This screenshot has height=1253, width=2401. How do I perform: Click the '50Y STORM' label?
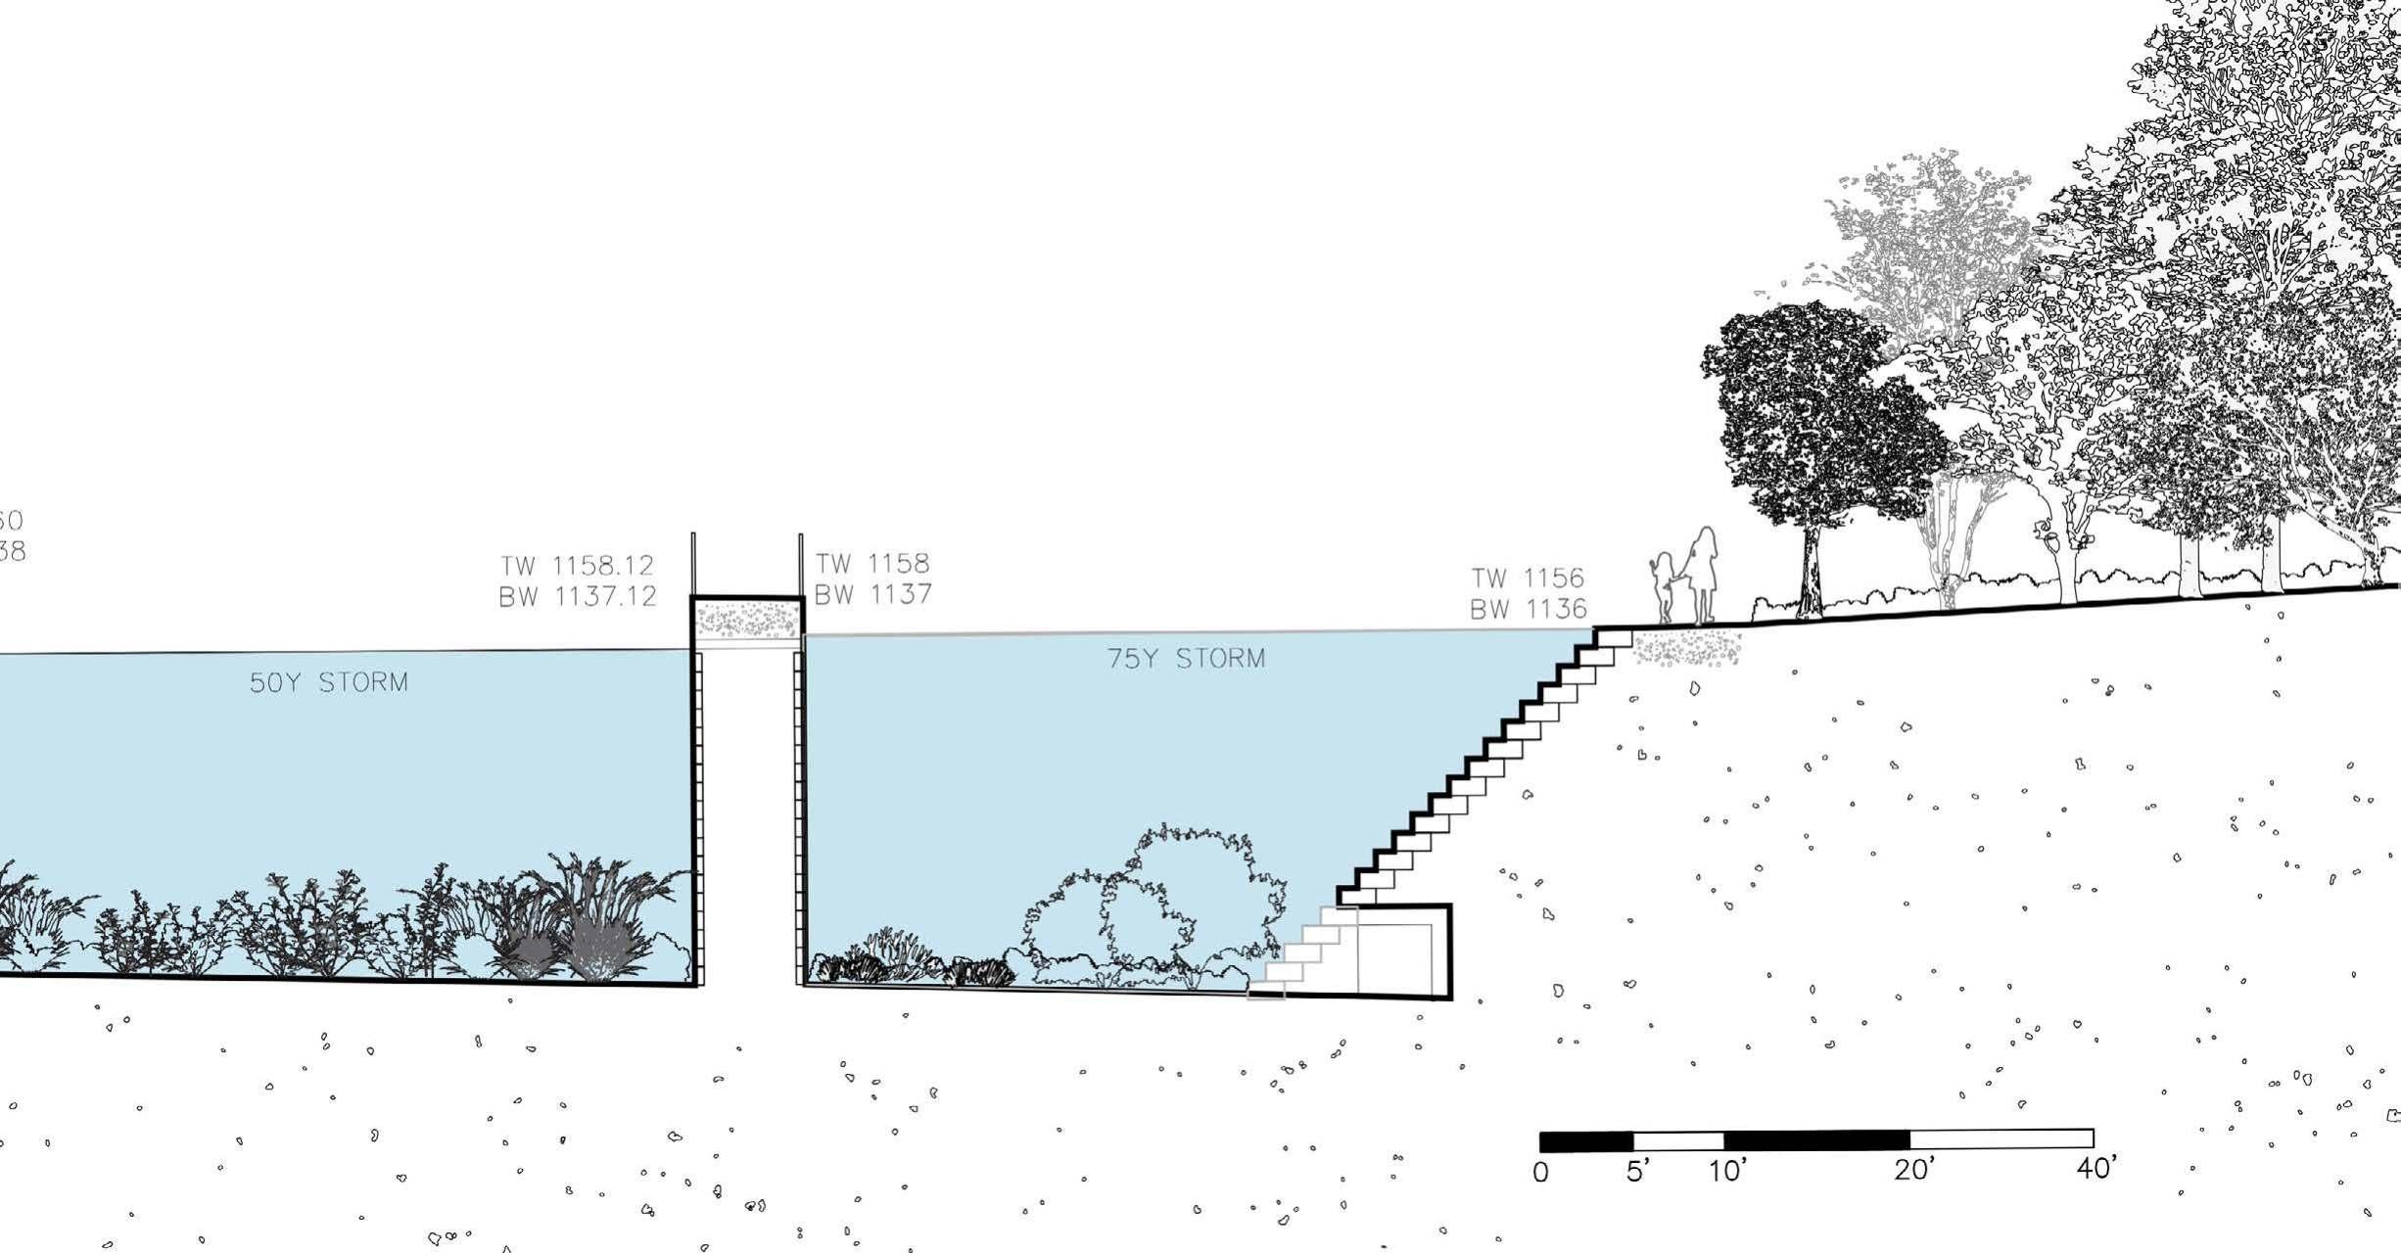[x=328, y=682]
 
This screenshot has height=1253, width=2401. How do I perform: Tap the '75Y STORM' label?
[x=1186, y=658]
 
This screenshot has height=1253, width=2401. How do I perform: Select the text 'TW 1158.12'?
[x=577, y=566]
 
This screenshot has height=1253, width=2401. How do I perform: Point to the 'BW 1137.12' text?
[x=577, y=596]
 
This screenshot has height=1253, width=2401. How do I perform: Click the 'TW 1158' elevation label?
[x=872, y=563]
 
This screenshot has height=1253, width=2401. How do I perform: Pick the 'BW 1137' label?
[x=872, y=593]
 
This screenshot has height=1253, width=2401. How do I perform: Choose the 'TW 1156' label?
[x=1528, y=578]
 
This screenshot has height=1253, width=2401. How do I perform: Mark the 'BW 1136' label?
[x=1528, y=609]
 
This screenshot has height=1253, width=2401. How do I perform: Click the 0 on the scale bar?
[x=1540, y=1172]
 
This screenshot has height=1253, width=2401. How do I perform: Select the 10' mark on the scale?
[x=1727, y=1170]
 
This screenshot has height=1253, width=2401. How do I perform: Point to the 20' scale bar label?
[x=1913, y=1169]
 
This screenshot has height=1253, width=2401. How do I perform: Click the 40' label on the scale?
[x=2096, y=1168]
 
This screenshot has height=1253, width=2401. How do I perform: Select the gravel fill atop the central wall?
[x=747, y=619]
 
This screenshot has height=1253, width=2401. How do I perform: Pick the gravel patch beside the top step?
[x=1686, y=648]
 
